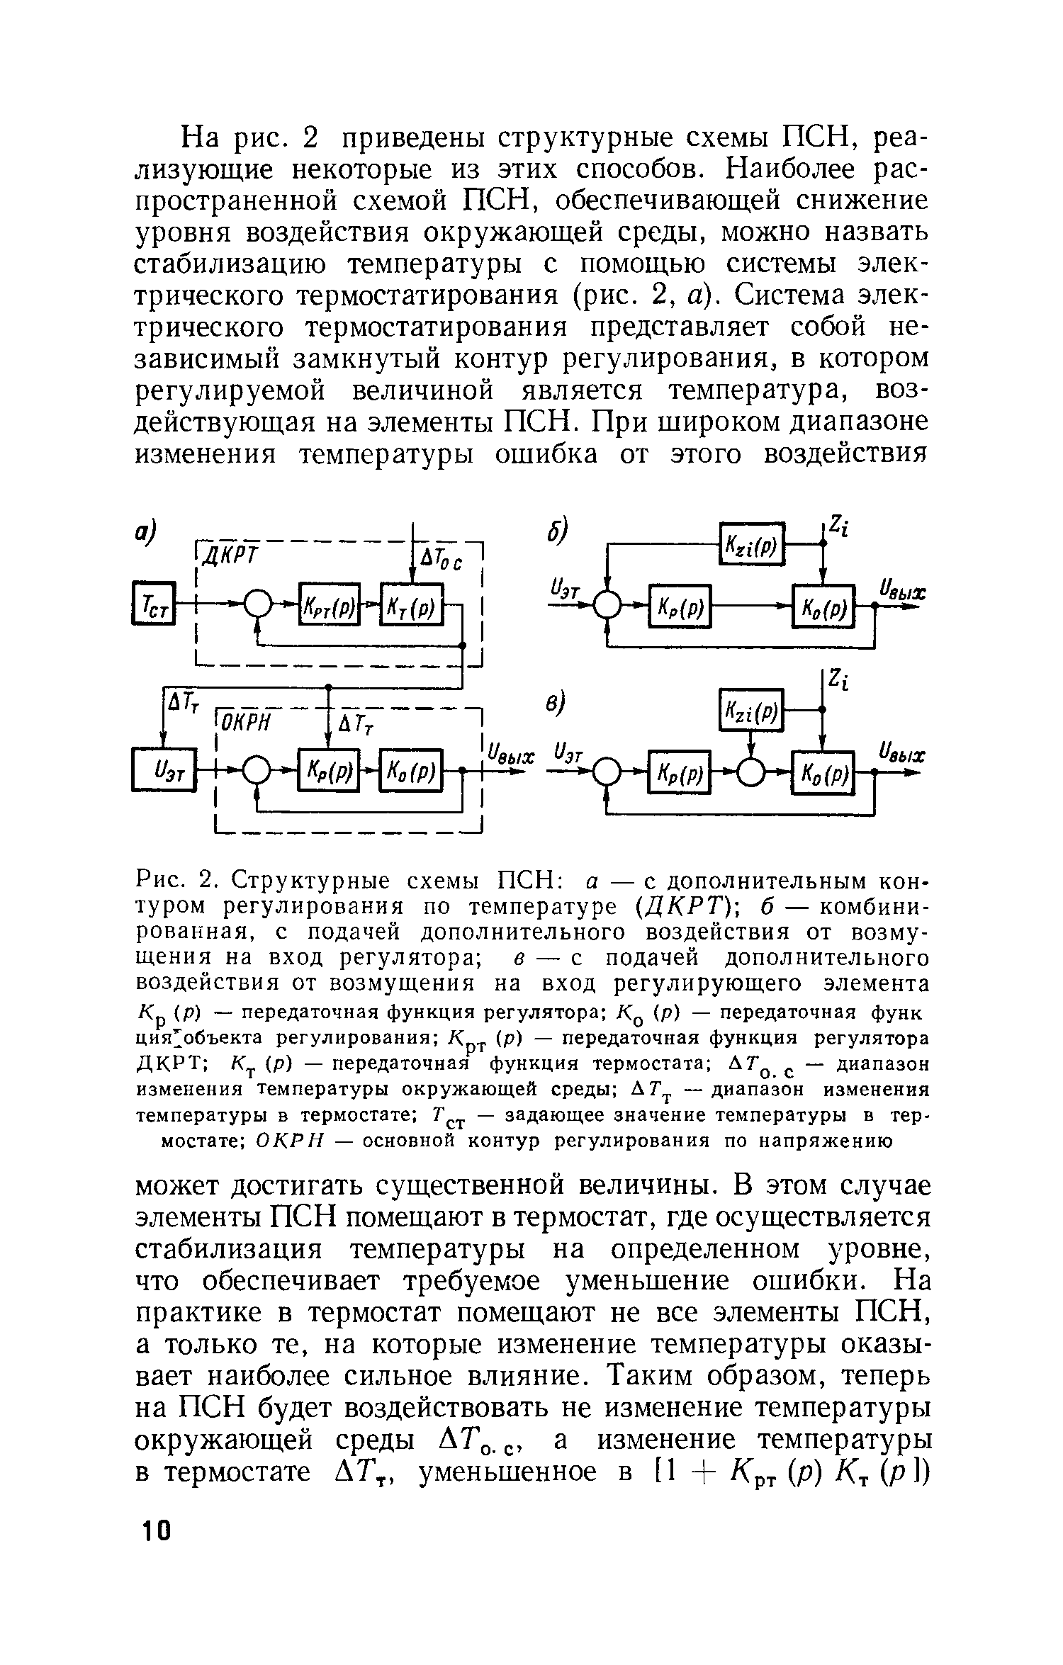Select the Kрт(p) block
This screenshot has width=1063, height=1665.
(330, 603)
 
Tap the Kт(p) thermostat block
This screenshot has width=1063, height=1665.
(412, 603)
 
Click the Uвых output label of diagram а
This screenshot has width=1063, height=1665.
(507, 755)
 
